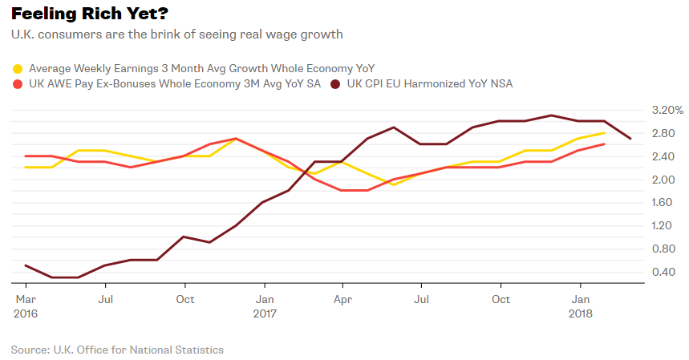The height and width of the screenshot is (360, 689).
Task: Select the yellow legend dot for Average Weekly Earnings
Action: tap(16, 68)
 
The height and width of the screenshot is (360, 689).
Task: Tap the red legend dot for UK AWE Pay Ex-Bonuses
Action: tap(16, 83)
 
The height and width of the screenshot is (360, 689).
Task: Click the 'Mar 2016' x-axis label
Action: tap(26, 306)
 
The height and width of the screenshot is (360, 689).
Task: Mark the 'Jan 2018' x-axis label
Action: tap(582, 306)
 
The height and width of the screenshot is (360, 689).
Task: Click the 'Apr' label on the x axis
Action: tap(342, 299)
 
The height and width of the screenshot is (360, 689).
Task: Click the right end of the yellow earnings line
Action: tap(604, 133)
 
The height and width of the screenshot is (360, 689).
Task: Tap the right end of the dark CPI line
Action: tap(630, 139)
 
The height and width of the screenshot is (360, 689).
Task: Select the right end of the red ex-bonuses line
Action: tap(604, 144)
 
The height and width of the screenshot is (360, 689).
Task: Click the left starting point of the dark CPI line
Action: tap(26, 265)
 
